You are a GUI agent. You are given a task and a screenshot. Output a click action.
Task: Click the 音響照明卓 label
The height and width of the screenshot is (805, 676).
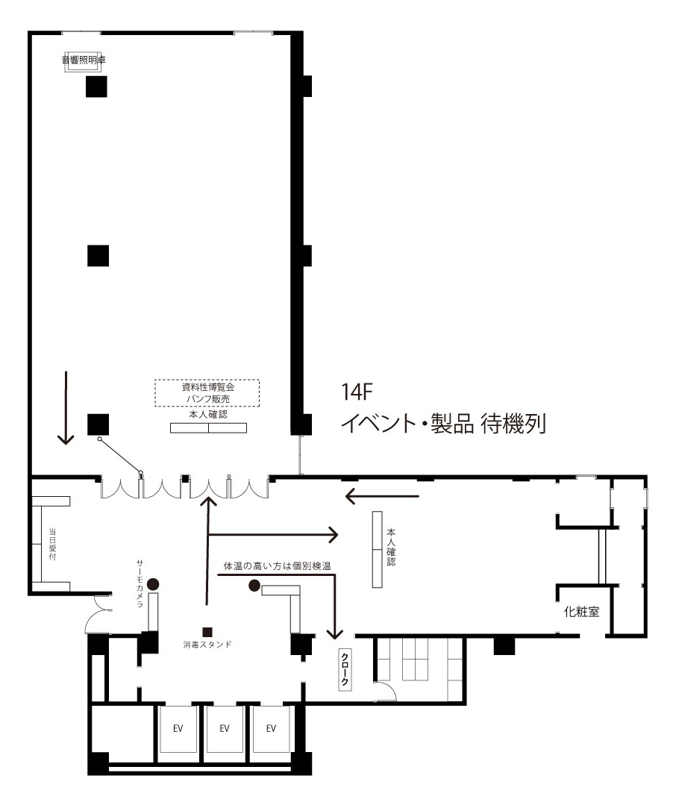[84, 60]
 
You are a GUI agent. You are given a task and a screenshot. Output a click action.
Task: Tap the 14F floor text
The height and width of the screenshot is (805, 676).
[357, 392]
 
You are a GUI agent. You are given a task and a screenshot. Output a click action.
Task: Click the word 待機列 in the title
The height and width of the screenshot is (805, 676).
[513, 424]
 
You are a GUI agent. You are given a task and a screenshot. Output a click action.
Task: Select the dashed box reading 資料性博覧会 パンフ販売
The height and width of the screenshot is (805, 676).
[207, 393]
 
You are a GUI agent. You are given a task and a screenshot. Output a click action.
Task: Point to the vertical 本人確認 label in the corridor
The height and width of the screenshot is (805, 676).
[391, 547]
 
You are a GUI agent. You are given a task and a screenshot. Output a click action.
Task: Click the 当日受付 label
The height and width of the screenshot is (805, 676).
[52, 544]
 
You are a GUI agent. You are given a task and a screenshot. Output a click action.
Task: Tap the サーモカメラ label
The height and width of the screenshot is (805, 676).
[140, 584]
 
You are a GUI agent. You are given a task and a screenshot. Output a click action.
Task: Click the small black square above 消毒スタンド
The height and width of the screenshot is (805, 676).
[207, 632]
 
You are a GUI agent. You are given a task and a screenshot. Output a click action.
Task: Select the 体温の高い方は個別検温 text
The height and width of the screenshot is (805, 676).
[277, 566]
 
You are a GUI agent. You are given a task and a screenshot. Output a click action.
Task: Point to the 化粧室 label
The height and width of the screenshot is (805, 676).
[581, 612]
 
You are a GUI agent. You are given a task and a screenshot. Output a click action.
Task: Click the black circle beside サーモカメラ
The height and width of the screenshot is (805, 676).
[153, 583]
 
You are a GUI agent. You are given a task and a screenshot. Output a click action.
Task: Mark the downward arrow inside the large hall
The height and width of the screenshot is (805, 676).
[66, 407]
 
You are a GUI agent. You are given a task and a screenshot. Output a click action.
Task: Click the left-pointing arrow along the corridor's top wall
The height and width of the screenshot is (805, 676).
[383, 496]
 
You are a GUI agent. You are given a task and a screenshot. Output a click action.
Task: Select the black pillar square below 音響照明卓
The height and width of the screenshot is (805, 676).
[96, 87]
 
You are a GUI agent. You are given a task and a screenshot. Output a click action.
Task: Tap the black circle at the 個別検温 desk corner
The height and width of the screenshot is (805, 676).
[254, 585]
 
